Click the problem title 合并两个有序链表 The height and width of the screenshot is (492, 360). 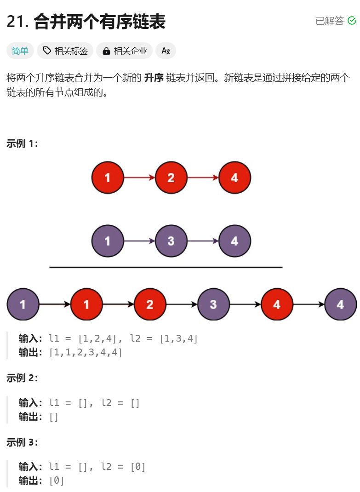point(99,22)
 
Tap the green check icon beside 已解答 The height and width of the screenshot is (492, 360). point(352,21)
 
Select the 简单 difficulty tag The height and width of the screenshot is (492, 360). point(20,51)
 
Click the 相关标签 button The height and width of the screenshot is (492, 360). point(65,51)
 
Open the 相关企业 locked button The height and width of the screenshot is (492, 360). point(124,51)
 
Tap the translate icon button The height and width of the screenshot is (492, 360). point(166,51)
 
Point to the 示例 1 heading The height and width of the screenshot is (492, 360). point(22,143)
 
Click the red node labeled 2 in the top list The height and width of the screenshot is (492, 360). point(171,177)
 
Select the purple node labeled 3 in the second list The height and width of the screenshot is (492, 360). point(171,241)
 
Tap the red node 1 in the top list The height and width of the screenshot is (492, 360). point(108,177)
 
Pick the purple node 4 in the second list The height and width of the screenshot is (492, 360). point(234,241)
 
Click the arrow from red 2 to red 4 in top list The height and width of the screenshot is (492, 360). point(203,177)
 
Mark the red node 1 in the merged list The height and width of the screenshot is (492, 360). point(86,304)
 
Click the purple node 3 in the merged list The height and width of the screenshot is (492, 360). point(213,304)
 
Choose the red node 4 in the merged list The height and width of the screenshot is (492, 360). point(277,304)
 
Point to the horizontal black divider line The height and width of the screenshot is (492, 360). point(166,267)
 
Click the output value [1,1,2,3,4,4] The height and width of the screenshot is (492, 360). point(86,353)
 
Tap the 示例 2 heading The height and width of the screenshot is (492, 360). point(22,378)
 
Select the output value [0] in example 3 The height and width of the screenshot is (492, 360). point(57,481)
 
